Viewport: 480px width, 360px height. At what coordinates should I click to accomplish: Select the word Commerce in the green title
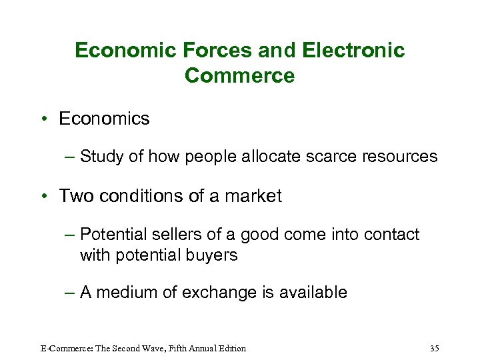pos(239,75)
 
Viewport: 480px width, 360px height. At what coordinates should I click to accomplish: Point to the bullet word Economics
pos(104,119)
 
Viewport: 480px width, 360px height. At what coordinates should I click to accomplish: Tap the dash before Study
pos(71,157)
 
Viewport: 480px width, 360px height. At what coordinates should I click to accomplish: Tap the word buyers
pos(212,255)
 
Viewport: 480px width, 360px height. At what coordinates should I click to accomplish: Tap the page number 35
pos(435,348)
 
